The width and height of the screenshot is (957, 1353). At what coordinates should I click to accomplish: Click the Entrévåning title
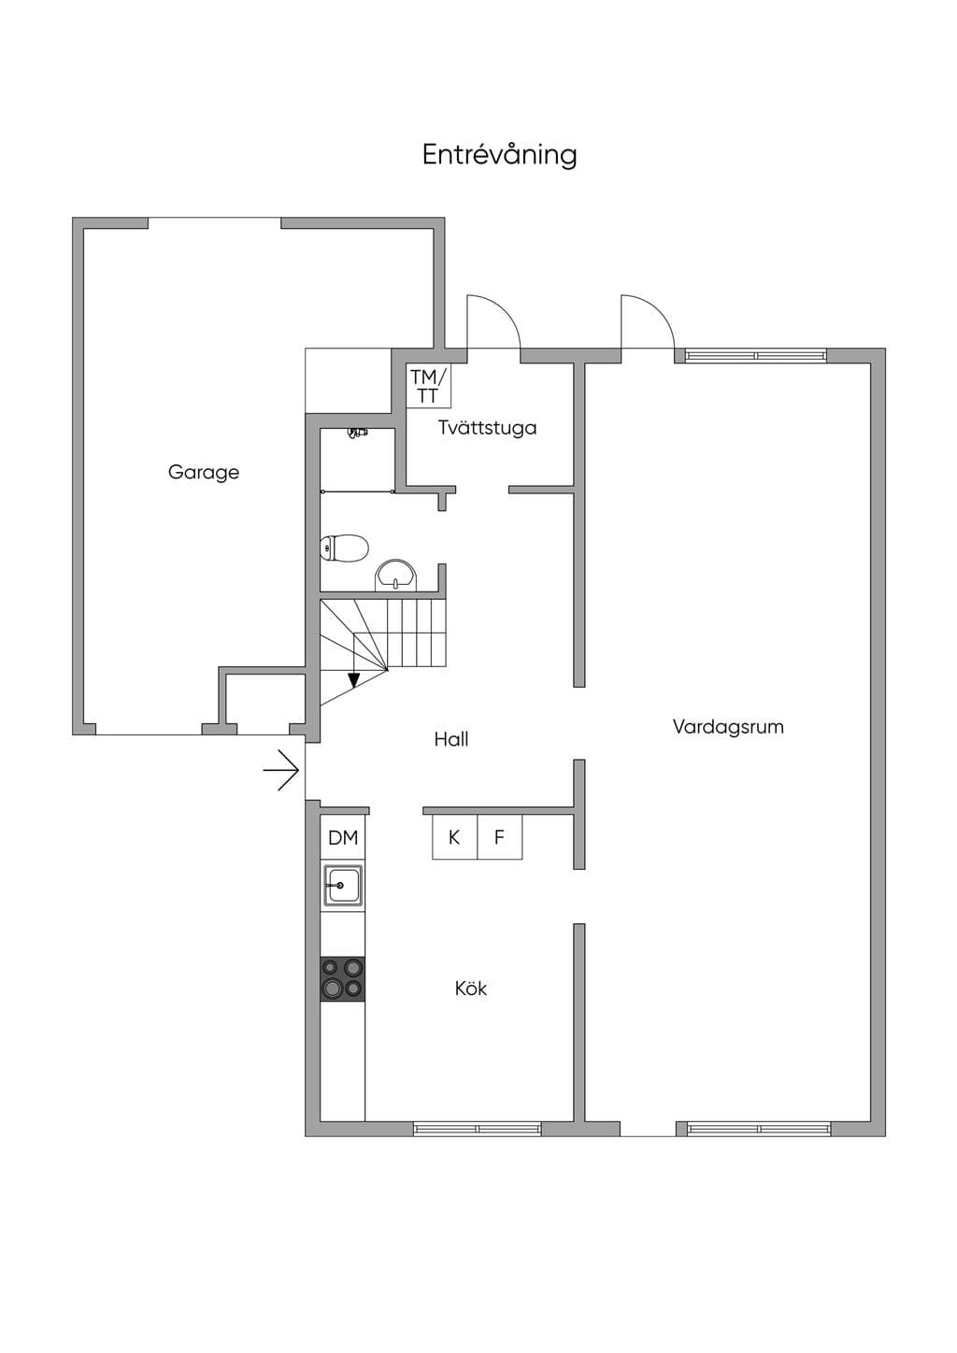pyautogui.click(x=499, y=154)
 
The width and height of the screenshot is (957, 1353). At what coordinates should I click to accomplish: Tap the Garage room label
pyautogui.click(x=204, y=472)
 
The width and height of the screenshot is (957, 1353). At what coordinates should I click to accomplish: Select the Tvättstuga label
pyautogui.click(x=488, y=428)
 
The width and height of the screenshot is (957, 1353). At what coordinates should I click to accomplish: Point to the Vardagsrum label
pyautogui.click(x=728, y=726)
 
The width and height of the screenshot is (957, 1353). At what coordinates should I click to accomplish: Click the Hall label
pyautogui.click(x=451, y=739)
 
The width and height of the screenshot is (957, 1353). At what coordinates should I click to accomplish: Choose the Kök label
pyautogui.click(x=471, y=989)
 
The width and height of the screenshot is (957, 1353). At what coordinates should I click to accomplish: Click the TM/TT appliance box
pyautogui.click(x=428, y=386)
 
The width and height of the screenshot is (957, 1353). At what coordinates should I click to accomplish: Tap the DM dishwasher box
pyautogui.click(x=343, y=838)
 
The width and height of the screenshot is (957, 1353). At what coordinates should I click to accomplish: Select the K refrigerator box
pyautogui.click(x=454, y=837)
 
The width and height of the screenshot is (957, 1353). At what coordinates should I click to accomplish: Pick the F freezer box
pyautogui.click(x=500, y=837)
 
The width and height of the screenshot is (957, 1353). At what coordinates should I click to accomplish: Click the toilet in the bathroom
pyautogui.click(x=344, y=548)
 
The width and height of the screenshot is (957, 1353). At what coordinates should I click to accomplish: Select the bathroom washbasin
pyautogui.click(x=395, y=575)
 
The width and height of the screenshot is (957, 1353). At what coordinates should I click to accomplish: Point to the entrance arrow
pyautogui.click(x=281, y=770)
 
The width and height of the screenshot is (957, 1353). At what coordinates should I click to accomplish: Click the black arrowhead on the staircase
pyautogui.click(x=354, y=680)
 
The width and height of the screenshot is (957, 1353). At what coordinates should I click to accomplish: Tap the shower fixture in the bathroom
pyautogui.click(x=357, y=433)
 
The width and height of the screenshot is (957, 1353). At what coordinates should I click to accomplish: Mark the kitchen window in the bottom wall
pyautogui.click(x=478, y=1128)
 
